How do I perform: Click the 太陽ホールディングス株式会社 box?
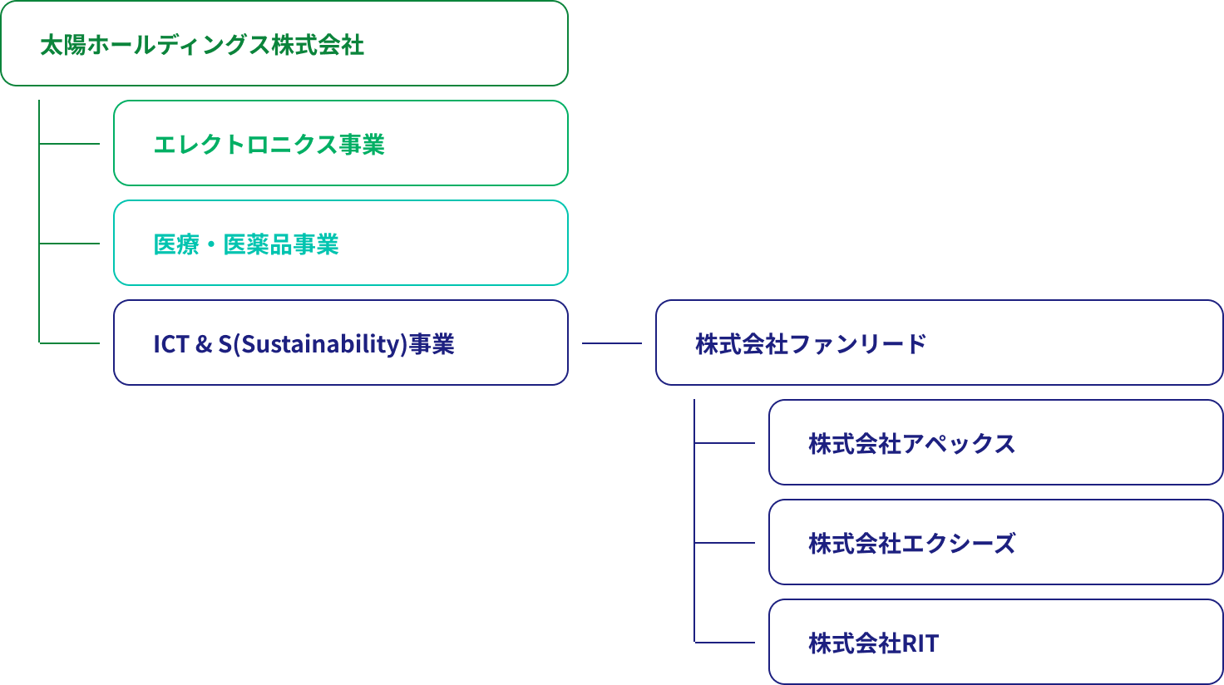pyautogui.click(x=284, y=43)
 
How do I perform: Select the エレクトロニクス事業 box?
pyautogui.click(x=340, y=143)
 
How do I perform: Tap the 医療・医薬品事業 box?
pyautogui.click(x=340, y=243)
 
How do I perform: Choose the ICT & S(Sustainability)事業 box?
pyautogui.click(x=340, y=342)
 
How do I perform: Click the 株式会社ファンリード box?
pyautogui.click(x=939, y=342)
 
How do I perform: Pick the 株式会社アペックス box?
pyautogui.click(x=995, y=442)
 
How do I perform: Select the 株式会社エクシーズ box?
pyautogui.click(x=995, y=542)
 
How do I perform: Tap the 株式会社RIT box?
pyautogui.click(x=995, y=642)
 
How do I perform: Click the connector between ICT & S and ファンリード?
pyautogui.click(x=611, y=343)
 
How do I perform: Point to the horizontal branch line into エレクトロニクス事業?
pyautogui.click(x=70, y=144)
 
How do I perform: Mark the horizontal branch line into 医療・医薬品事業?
pyautogui.click(x=70, y=244)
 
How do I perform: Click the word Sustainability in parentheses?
pyautogui.click(x=321, y=344)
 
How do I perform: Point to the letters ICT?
pyautogui.click(x=170, y=344)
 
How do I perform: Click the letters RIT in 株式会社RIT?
pyautogui.click(x=920, y=643)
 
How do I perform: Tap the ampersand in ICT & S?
pyautogui.click(x=204, y=344)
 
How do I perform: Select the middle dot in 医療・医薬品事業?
pyautogui.click(x=211, y=244)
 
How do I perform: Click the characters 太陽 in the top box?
pyautogui.click(x=63, y=45)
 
